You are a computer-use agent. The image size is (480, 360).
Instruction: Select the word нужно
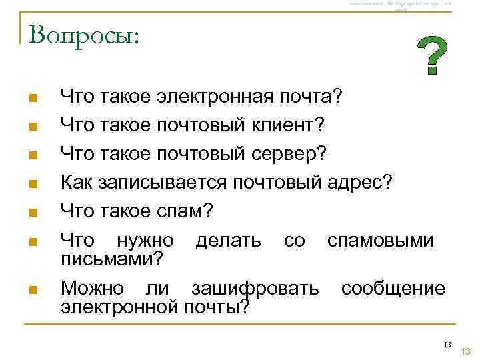coord(145,241)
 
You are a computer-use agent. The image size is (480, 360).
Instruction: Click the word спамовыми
coord(380,241)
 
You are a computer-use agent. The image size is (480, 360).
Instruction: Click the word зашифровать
coord(255,289)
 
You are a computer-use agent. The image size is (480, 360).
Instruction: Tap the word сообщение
coord(393,289)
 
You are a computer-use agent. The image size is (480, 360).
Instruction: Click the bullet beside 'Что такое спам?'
coord(33,213)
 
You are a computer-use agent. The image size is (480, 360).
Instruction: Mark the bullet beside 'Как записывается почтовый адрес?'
coord(33,183)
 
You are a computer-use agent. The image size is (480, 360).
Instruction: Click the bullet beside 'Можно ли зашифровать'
coord(33,290)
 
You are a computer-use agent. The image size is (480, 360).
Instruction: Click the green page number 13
coord(466,351)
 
